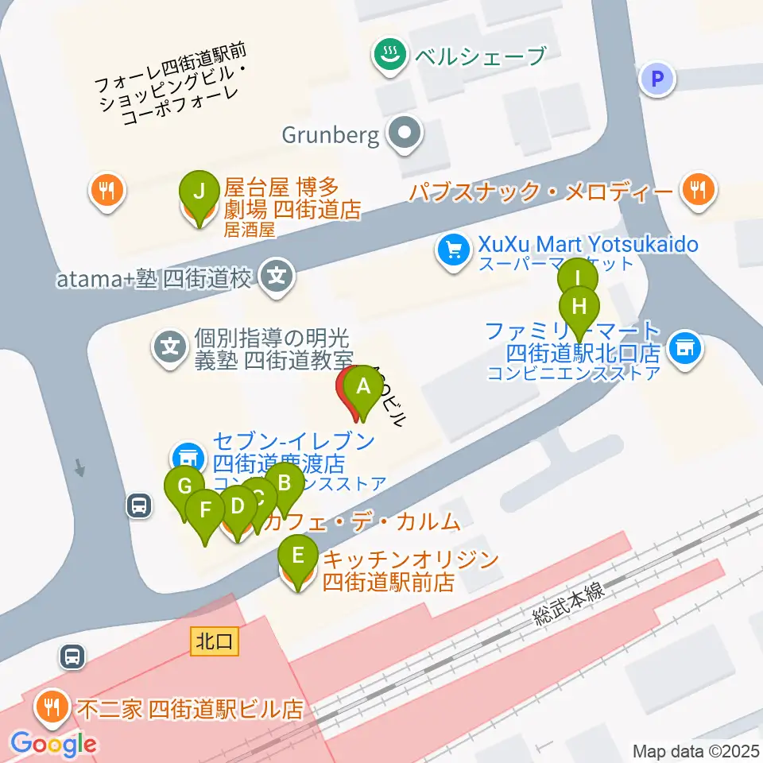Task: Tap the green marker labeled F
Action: [x=206, y=509]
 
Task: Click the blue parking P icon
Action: [x=657, y=79]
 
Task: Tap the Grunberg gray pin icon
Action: [x=405, y=134]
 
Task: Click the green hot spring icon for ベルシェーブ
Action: [x=389, y=55]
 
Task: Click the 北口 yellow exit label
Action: [x=215, y=641]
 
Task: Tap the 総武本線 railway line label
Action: [x=569, y=602]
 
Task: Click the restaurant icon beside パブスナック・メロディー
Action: [x=699, y=190]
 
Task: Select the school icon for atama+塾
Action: [x=277, y=277]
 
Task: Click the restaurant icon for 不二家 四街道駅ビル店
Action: [x=53, y=705]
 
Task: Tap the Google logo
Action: [x=54, y=745]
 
